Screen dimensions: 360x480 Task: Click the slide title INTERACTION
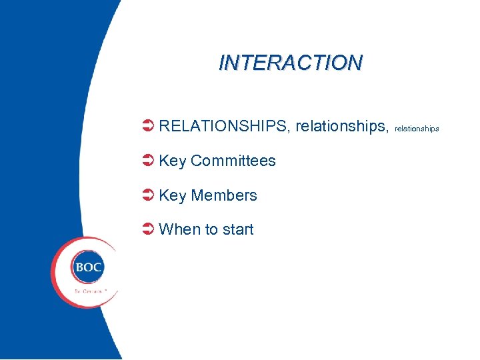[291, 62]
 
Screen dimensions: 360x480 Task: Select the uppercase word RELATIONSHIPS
[223, 126]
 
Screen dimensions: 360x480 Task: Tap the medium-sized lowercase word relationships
[340, 126]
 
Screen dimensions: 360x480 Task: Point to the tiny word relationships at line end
[417, 128]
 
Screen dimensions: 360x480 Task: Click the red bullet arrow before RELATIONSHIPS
[149, 126]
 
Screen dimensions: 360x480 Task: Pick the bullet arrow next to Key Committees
[149, 161]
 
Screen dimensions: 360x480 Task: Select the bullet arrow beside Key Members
[149, 195]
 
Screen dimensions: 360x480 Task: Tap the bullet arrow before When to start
[149, 229]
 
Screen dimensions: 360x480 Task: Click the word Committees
[233, 161]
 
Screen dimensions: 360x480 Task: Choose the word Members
[223, 195]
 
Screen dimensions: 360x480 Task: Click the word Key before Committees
[173, 161]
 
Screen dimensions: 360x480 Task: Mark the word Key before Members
[173, 195]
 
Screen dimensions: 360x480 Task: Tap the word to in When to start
[211, 229]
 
